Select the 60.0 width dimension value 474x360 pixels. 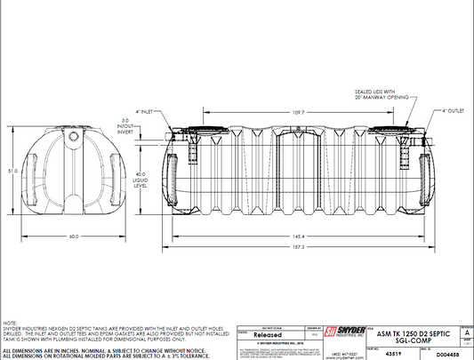(x=74, y=237)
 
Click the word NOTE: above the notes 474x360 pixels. (x=9, y=324)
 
